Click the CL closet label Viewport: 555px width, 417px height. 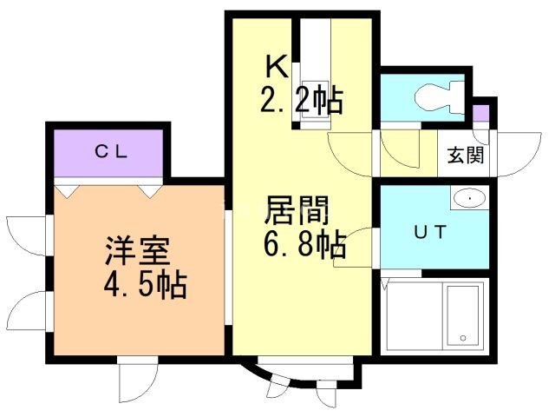pyautogui.click(x=111, y=152)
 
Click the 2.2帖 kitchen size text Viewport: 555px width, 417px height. pyautogui.click(x=301, y=101)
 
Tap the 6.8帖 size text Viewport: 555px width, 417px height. pyautogui.click(x=304, y=245)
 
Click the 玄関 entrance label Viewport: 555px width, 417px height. pyautogui.click(x=467, y=156)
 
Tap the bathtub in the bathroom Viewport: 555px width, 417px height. pyautogui.click(x=465, y=315)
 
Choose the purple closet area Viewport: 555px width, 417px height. pyautogui.click(x=111, y=152)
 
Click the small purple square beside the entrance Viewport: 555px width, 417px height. pyautogui.click(x=480, y=113)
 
